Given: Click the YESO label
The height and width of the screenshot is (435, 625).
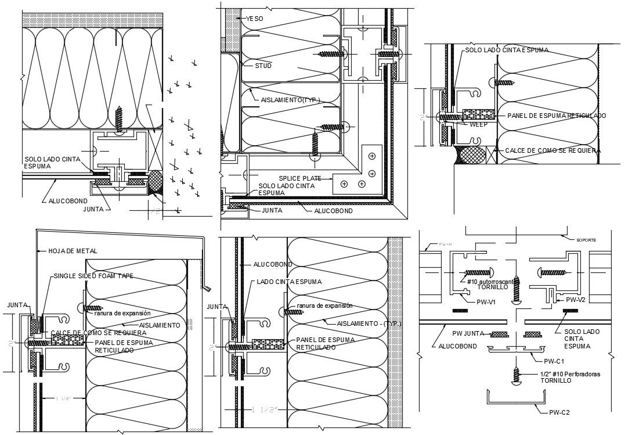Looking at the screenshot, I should point(254,19).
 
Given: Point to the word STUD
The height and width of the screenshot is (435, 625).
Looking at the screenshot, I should point(263,66).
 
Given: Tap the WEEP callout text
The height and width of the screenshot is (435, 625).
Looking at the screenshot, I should point(479,124).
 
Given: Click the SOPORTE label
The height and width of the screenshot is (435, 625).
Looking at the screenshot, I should point(586,239).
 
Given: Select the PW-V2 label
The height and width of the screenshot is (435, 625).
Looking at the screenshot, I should point(575,300).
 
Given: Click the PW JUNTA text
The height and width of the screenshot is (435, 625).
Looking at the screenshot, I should point(468,333).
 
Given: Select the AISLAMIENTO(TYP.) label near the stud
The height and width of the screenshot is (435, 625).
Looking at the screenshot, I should point(290,100).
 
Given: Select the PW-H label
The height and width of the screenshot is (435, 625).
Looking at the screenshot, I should point(446,245).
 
